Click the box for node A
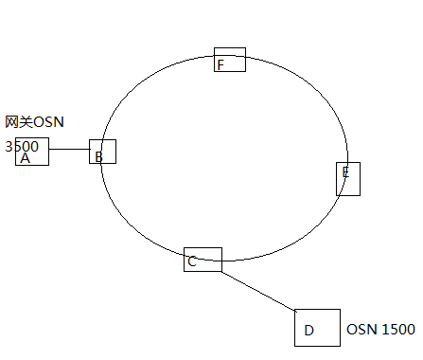[32, 152]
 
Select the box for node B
[103, 152]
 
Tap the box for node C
[203, 260]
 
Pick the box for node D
[317, 327]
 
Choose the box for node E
[348, 178]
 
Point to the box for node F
[230, 60]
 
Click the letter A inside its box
[26, 158]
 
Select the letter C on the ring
[192, 261]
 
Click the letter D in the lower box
[308, 332]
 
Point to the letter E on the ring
[346, 172]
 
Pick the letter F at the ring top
[220, 64]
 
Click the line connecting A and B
[69, 150]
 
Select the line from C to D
[258, 291]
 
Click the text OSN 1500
[380, 330]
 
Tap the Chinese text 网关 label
[19, 122]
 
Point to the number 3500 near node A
[22, 146]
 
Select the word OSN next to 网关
[49, 122]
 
